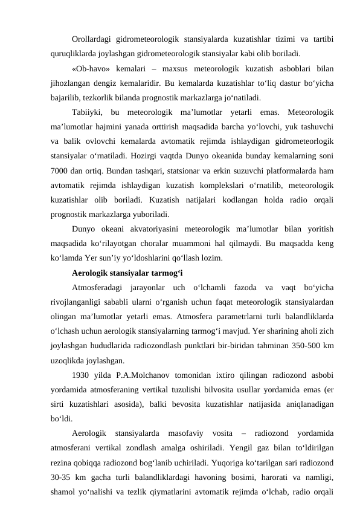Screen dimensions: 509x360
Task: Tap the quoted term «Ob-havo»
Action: pos(91,68)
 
